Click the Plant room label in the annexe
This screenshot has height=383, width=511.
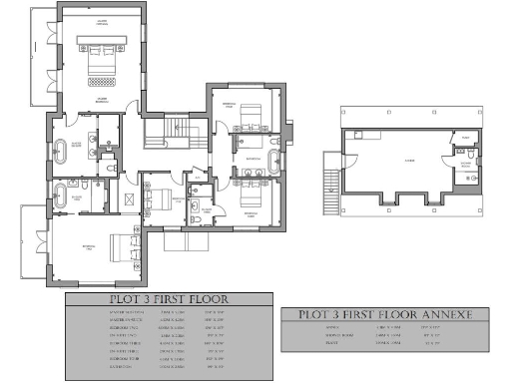click(x=464, y=139)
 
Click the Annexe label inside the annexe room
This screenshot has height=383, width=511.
click(x=409, y=159)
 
